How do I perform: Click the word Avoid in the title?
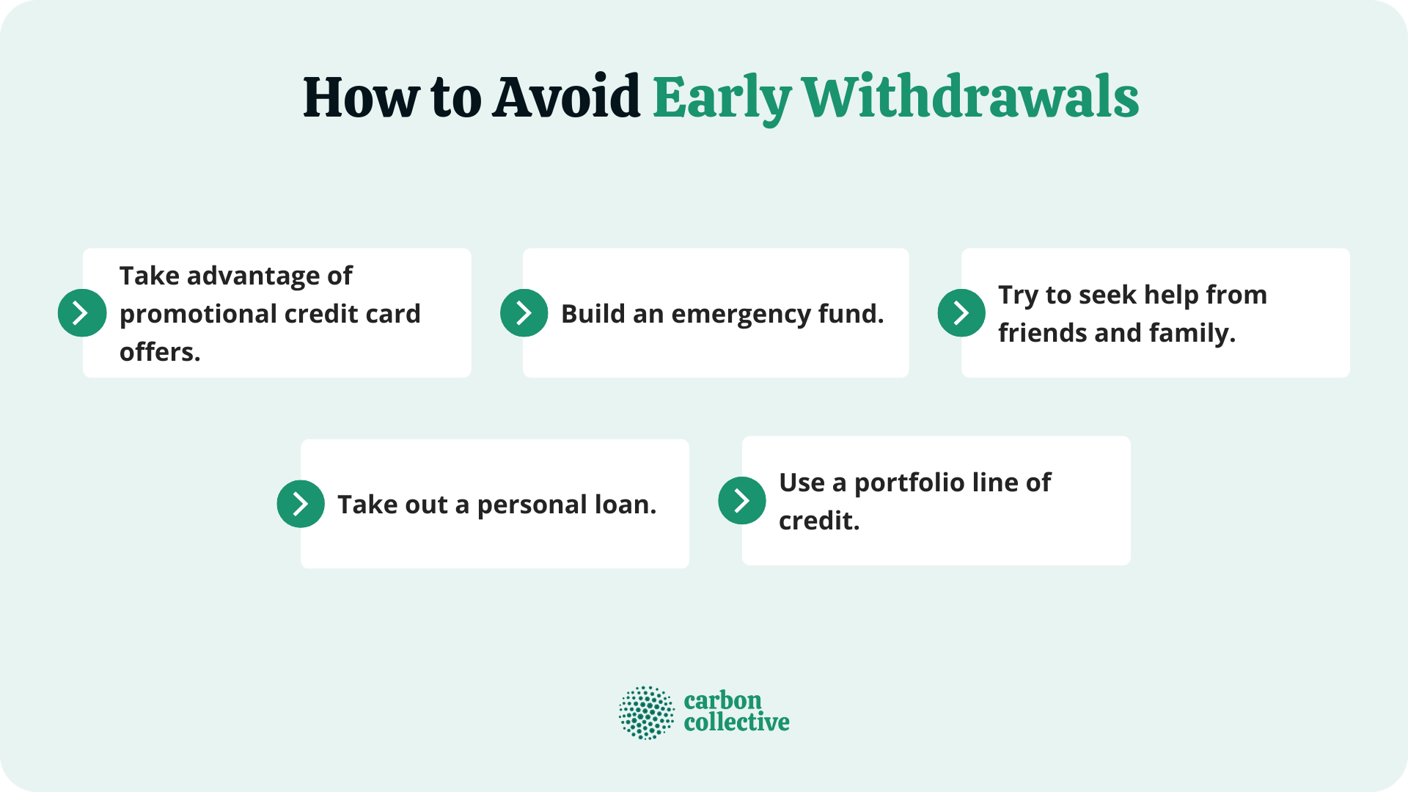pos(566,98)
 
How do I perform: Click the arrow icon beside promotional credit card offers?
pos(82,313)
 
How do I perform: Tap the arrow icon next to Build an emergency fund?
pos(524,313)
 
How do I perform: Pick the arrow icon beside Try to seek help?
pos(961,313)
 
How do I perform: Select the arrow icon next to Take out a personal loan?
pos(301,504)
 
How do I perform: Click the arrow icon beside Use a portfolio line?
pos(741,501)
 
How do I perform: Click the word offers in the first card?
pos(159,353)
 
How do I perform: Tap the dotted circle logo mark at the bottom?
pos(646,712)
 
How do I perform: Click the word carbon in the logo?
pos(722,700)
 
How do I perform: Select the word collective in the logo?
pos(736,722)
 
